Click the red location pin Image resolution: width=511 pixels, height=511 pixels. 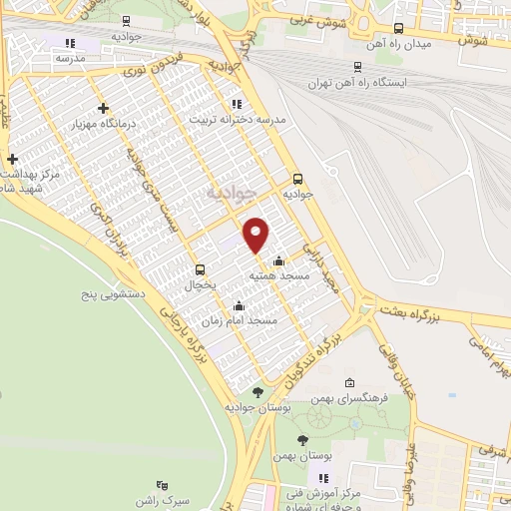(257, 234)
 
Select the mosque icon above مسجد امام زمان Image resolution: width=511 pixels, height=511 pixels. (238, 306)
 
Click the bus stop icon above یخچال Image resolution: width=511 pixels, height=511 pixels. (202, 269)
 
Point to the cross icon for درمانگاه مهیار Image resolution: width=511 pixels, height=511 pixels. (103, 108)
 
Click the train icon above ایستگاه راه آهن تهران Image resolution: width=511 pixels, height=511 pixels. (356, 67)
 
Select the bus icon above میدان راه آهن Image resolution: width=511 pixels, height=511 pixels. (400, 28)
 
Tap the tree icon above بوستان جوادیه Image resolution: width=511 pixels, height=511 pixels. (257, 392)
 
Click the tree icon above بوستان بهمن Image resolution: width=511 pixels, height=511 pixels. (302, 440)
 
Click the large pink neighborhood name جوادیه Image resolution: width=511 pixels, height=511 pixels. (232, 191)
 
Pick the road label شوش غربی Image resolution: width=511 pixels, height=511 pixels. (320, 18)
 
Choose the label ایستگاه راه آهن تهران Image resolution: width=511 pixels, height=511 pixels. (387, 82)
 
